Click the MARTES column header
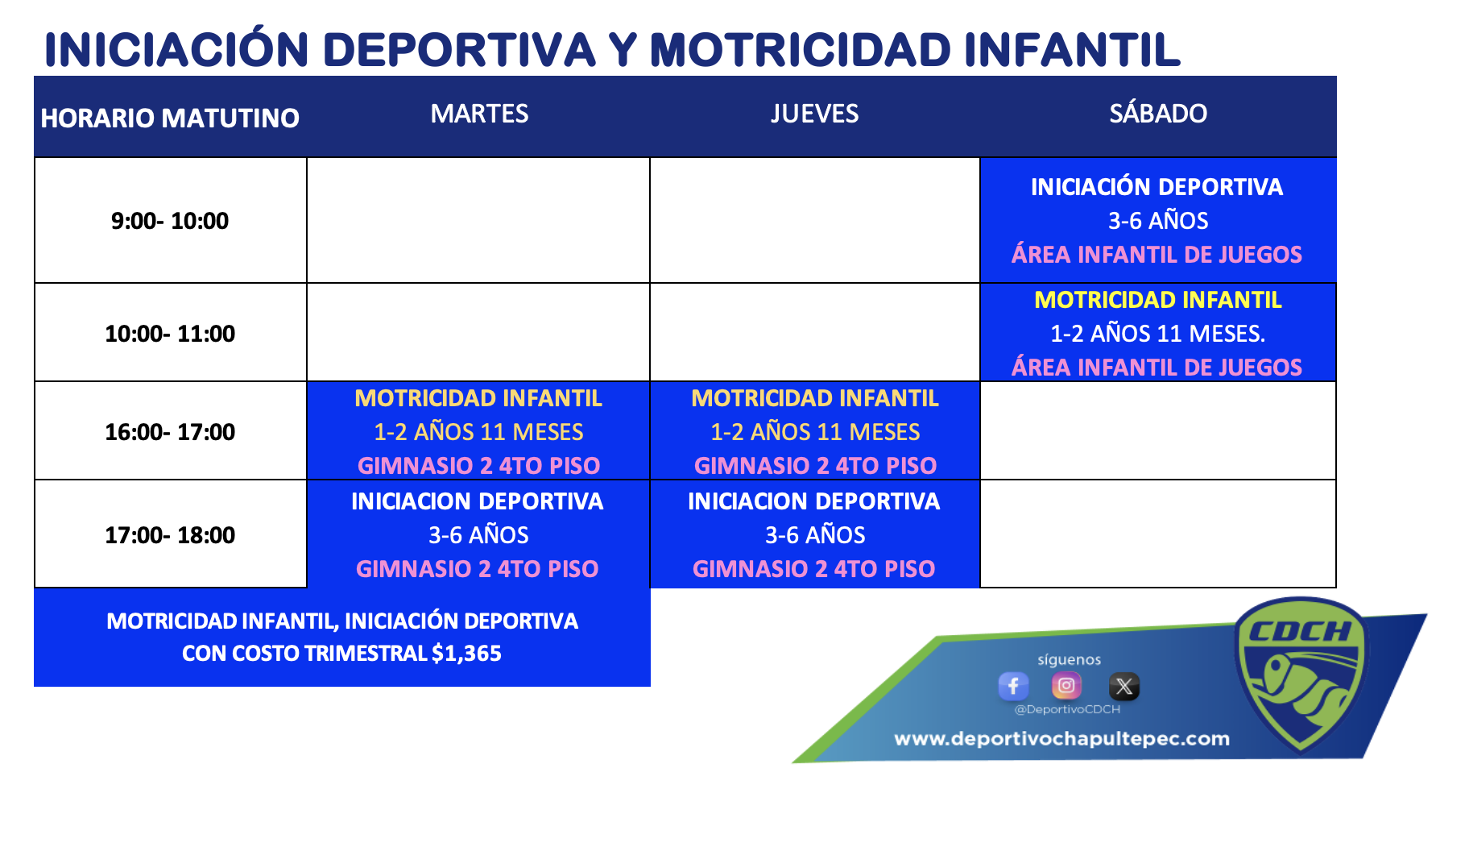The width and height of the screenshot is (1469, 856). point(479,114)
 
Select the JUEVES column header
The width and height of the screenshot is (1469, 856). point(814,114)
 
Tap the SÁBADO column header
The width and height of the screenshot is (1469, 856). point(1158,113)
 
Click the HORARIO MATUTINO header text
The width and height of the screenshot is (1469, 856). point(170,118)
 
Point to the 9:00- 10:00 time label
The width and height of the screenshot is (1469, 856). point(170,221)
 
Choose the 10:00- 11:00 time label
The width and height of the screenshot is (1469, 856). point(170,334)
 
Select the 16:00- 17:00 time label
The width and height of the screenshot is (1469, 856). point(170,432)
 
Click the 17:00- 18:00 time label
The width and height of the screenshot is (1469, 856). point(170,535)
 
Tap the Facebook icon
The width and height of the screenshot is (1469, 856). point(1013,686)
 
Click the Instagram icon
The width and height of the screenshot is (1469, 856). point(1066,686)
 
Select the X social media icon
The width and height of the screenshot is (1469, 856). point(1124,686)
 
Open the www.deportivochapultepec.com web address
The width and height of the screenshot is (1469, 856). point(1061,739)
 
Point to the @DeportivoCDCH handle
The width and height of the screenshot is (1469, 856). point(1067,709)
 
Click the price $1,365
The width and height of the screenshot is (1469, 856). point(466,654)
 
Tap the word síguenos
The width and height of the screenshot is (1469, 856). point(1069,659)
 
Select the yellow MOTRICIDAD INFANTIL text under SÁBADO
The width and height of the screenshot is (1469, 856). point(1158,300)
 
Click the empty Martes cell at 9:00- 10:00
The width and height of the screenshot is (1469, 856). point(478,220)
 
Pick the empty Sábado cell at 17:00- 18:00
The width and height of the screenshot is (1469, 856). point(1158,534)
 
